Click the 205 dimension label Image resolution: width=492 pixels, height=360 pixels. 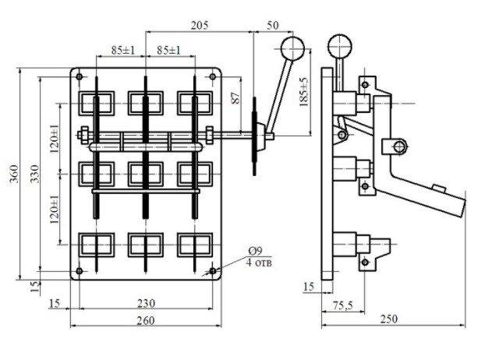[200, 26]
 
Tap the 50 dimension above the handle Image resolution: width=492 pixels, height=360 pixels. [272, 26]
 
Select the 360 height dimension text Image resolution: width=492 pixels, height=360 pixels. [14, 174]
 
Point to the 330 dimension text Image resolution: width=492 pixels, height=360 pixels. [34, 174]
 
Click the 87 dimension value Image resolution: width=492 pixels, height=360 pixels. [236, 97]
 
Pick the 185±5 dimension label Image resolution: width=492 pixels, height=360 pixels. [303, 92]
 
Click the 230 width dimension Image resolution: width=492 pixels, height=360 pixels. [147, 304]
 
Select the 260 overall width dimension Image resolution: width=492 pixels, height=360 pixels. [147, 320]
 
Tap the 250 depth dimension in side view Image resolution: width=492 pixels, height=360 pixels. [389, 319]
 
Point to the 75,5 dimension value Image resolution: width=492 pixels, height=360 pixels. [343, 305]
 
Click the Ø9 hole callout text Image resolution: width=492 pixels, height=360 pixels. [256, 252]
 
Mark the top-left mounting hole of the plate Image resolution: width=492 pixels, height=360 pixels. [80, 76]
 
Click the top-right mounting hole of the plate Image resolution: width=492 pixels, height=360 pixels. [212, 76]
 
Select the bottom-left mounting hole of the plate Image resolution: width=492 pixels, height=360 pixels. [80, 270]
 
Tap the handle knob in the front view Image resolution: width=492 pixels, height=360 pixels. [292, 48]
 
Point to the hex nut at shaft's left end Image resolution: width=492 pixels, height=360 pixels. [84, 135]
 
